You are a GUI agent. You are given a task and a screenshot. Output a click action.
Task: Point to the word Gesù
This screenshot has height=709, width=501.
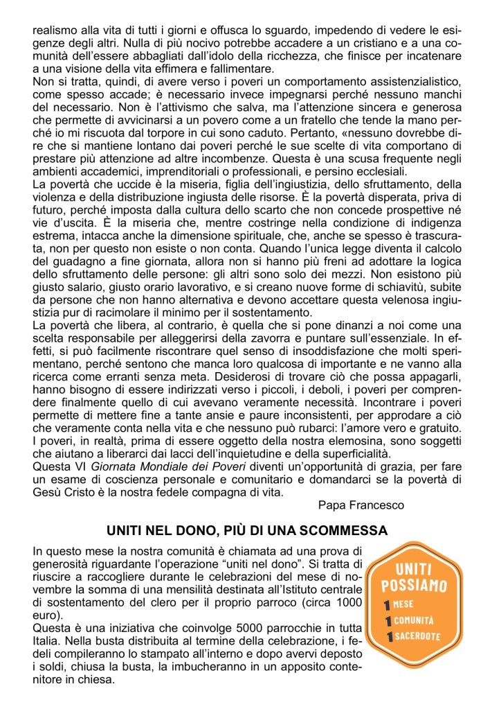48,491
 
